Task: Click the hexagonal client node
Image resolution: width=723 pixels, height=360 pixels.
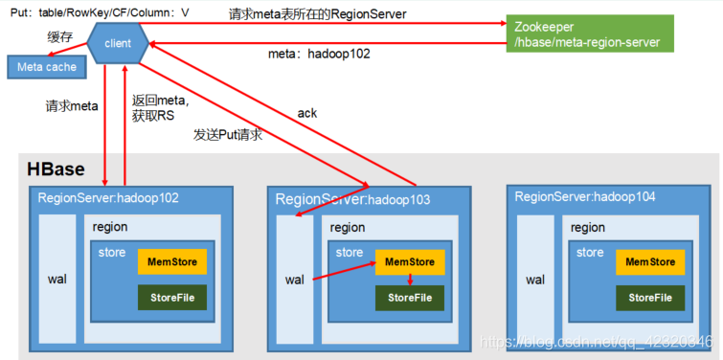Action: click(x=118, y=43)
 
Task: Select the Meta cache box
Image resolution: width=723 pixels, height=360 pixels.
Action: click(x=47, y=67)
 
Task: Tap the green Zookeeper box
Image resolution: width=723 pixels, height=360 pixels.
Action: click(x=590, y=34)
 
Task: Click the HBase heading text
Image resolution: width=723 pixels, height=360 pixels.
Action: click(x=56, y=169)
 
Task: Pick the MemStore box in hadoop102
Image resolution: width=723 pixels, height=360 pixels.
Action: click(x=172, y=261)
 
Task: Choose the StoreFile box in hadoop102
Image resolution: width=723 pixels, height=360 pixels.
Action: click(x=172, y=298)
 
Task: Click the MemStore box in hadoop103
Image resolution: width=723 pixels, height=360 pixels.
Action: click(x=410, y=262)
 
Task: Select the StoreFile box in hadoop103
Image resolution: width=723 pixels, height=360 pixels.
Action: click(x=410, y=298)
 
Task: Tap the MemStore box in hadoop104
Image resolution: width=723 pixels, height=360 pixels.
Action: click(x=650, y=261)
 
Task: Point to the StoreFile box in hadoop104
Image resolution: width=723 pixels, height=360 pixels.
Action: click(x=650, y=298)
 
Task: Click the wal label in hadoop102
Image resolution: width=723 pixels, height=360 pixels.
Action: click(x=57, y=280)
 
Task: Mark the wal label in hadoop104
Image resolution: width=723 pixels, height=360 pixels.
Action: click(x=535, y=280)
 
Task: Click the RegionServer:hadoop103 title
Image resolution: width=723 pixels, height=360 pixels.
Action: click(x=352, y=199)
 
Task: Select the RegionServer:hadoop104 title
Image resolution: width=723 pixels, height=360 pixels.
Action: click(x=585, y=197)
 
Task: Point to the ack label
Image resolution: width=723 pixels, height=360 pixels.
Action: click(x=307, y=113)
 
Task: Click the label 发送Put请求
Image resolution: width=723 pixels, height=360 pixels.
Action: click(x=228, y=135)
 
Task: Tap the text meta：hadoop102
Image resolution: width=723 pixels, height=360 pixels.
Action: click(x=319, y=54)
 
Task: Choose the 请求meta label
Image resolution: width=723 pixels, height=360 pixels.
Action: click(x=72, y=106)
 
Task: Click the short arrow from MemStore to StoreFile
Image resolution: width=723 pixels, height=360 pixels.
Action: click(x=410, y=280)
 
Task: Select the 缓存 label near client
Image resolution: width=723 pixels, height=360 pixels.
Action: click(x=59, y=36)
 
